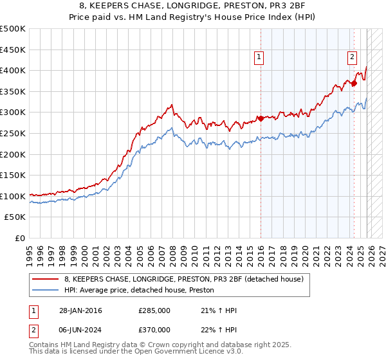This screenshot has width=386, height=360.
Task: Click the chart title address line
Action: [193, 6]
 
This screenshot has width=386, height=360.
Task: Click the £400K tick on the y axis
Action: [13, 70]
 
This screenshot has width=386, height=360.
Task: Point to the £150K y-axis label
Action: [13, 175]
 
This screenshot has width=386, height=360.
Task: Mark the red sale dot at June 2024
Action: [354, 83]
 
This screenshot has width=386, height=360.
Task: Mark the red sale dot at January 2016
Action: [261, 118]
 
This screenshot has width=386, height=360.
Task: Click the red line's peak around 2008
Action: [171, 105]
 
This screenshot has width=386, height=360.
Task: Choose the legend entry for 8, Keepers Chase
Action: [188, 279]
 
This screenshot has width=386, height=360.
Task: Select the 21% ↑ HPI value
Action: [219, 310]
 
